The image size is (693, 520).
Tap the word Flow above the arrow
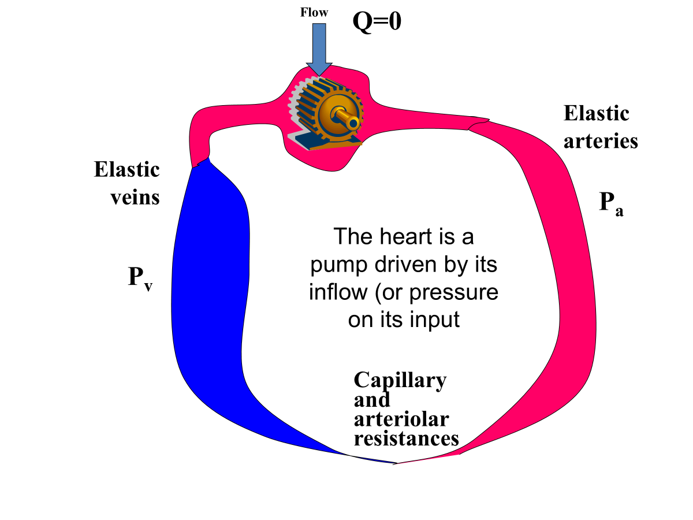(314, 12)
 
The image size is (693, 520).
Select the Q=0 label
(377, 21)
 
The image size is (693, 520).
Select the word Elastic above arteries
(596, 113)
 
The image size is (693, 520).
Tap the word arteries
(601, 141)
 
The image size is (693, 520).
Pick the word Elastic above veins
(126, 170)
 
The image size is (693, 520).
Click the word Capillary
(400, 380)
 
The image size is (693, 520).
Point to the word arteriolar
(401, 419)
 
